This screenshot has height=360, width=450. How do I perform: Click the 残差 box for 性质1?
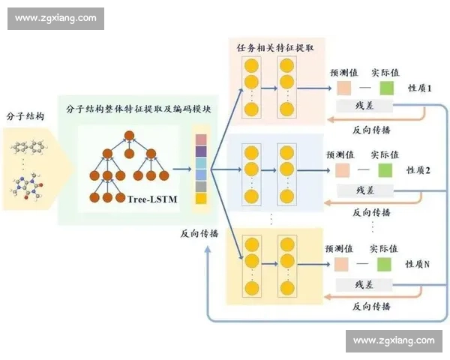point(364,107)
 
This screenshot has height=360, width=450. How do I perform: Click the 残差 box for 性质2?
point(364,190)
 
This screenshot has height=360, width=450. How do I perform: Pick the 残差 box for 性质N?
point(364,284)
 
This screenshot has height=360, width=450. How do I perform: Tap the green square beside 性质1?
point(385,88)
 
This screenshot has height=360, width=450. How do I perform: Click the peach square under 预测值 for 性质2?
point(343,170)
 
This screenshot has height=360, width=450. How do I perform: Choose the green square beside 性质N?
point(385,265)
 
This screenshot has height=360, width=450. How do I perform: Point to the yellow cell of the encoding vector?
point(200,199)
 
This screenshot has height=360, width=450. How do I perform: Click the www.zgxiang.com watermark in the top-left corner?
point(55,18)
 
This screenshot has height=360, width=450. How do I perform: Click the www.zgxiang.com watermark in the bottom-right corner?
point(394,340)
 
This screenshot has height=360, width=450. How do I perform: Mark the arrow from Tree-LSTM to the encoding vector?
point(181,170)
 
